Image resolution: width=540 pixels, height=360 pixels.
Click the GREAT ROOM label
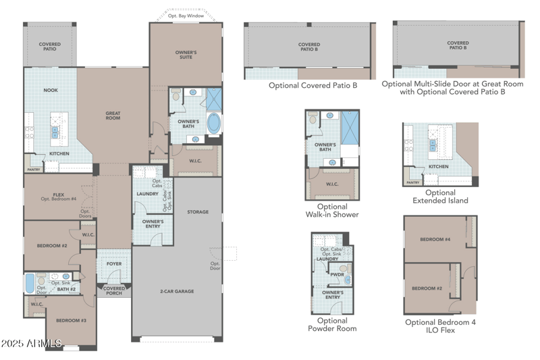point(113,115)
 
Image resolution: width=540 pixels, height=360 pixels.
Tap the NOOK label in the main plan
point(51,90)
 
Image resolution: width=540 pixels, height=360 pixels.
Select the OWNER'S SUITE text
point(186,54)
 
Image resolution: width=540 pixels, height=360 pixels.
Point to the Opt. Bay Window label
point(186,15)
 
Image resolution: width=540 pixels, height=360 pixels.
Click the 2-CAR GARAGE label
point(177,291)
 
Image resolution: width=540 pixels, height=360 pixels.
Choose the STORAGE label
point(198,212)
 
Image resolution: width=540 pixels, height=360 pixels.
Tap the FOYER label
point(114,264)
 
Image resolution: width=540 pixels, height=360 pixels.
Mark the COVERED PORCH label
point(114,290)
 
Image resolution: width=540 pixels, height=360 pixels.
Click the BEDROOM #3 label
point(71,319)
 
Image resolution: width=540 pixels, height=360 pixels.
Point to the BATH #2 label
point(66,290)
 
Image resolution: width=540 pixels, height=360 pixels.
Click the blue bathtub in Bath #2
point(30,284)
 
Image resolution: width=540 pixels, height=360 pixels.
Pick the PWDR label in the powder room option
point(337,275)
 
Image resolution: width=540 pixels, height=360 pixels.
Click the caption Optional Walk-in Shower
point(332,211)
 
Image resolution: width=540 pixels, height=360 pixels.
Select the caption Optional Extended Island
point(440,197)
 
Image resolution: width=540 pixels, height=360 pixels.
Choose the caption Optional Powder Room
point(332,324)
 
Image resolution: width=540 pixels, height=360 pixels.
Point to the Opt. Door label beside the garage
point(215,266)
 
